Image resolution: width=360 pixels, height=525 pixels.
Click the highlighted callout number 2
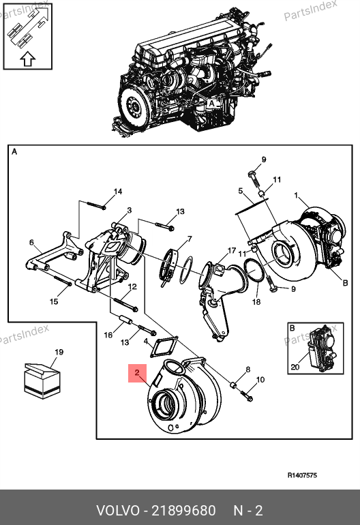pyautogui.click(x=137, y=373)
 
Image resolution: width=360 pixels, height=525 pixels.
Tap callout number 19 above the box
pyautogui.click(x=59, y=352)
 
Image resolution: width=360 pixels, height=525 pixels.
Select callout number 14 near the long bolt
pyautogui.click(x=118, y=192)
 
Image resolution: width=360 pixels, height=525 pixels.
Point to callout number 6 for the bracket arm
pyautogui.click(x=31, y=242)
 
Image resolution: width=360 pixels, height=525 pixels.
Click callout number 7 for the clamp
pyautogui.click(x=190, y=239)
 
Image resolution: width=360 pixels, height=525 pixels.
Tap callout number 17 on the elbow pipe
pyautogui.click(x=232, y=250)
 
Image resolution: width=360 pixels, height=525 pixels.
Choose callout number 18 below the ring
pyautogui.click(x=256, y=302)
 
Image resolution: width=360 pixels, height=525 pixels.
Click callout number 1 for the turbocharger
pyautogui.click(x=296, y=195)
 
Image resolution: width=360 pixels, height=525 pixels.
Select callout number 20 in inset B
pyautogui.click(x=295, y=367)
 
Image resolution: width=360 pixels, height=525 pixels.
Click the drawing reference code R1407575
pyautogui.click(x=302, y=475)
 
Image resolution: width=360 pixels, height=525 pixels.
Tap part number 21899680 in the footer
pyautogui.click(x=183, y=511)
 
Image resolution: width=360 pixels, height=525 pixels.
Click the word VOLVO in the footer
pyautogui.click(x=118, y=511)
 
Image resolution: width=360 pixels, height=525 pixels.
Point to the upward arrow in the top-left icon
pyautogui.click(x=27, y=59)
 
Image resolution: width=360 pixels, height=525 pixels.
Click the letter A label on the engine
pyautogui.click(x=211, y=104)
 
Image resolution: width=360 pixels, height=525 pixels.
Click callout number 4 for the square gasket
pyautogui.click(x=146, y=342)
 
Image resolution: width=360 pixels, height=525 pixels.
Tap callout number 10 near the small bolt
pyautogui.click(x=260, y=380)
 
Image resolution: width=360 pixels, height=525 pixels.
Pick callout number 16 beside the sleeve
pyautogui.click(x=108, y=335)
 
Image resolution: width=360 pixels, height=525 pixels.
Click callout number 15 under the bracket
pyautogui.click(x=54, y=301)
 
